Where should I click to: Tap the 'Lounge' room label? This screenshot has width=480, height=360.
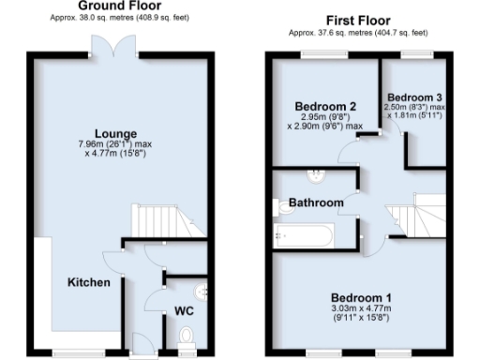pyautogui.click(x=121, y=133)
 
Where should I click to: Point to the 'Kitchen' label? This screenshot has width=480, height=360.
pyautogui.click(x=89, y=282)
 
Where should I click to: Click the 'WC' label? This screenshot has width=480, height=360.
pyautogui.click(x=184, y=310)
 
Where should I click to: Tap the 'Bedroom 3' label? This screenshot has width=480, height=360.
pyautogui.click(x=415, y=97)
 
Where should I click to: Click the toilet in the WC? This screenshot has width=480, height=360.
pyautogui.click(x=186, y=335)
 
